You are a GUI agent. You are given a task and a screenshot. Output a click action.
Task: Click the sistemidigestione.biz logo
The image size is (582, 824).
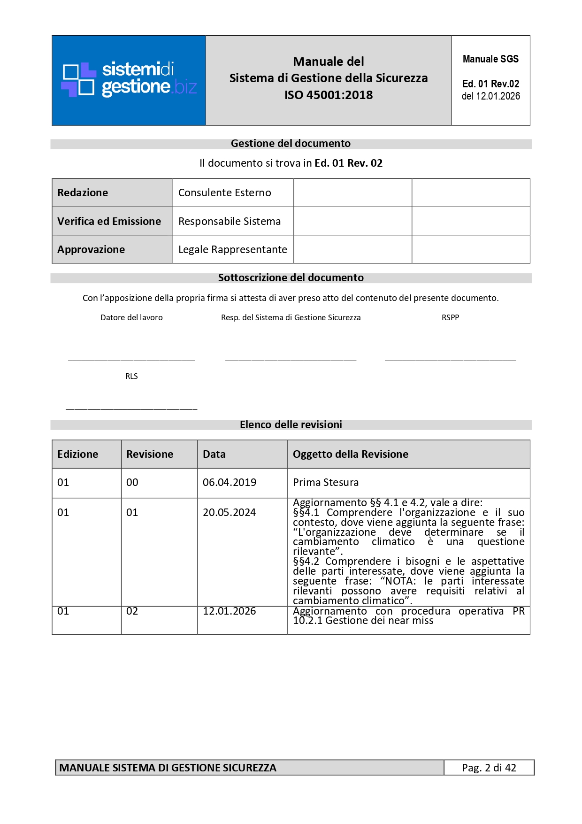(x=129, y=80)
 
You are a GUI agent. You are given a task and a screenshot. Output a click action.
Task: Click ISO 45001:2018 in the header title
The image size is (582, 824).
(x=329, y=95)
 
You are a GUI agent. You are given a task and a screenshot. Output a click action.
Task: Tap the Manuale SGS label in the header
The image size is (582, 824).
(x=490, y=59)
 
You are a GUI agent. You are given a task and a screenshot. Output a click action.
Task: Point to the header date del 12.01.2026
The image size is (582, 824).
(x=490, y=96)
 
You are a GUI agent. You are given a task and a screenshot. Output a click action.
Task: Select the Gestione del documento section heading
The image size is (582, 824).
(x=291, y=144)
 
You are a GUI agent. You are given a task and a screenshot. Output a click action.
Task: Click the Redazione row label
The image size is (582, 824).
(x=83, y=193)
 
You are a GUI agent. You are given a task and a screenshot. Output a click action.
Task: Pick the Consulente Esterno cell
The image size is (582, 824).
(x=225, y=193)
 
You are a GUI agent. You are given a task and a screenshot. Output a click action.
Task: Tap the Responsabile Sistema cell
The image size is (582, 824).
(x=230, y=221)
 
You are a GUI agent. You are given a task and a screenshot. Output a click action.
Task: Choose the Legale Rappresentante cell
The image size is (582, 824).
(x=233, y=249)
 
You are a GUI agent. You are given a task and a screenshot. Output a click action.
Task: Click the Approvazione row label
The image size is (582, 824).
(x=91, y=249)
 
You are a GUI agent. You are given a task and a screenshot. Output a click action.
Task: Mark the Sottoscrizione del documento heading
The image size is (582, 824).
(x=291, y=277)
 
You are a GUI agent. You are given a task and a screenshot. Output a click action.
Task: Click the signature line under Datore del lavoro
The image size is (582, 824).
(x=131, y=360)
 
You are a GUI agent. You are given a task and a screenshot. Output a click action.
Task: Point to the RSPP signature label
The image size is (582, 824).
(x=450, y=317)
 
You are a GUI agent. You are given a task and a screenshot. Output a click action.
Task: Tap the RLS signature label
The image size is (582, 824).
(x=131, y=376)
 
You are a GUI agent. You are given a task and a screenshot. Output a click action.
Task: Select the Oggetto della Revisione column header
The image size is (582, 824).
(x=351, y=454)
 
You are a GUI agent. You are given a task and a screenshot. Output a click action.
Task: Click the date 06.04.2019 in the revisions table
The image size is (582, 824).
(x=230, y=482)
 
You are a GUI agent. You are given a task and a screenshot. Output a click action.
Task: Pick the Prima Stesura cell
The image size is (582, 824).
(x=326, y=482)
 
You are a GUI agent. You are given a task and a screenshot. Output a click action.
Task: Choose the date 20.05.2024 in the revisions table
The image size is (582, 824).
(x=230, y=512)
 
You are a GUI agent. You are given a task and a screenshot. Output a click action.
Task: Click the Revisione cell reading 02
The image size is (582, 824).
(x=132, y=611)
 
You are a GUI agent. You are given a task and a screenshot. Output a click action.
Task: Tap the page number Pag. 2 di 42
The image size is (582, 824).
(x=489, y=768)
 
